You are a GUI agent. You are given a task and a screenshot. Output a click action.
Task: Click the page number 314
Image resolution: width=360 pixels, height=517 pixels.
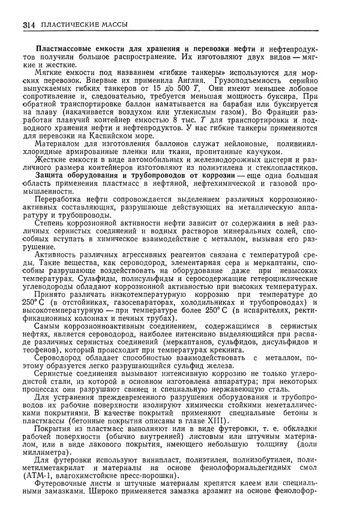[29, 25]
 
